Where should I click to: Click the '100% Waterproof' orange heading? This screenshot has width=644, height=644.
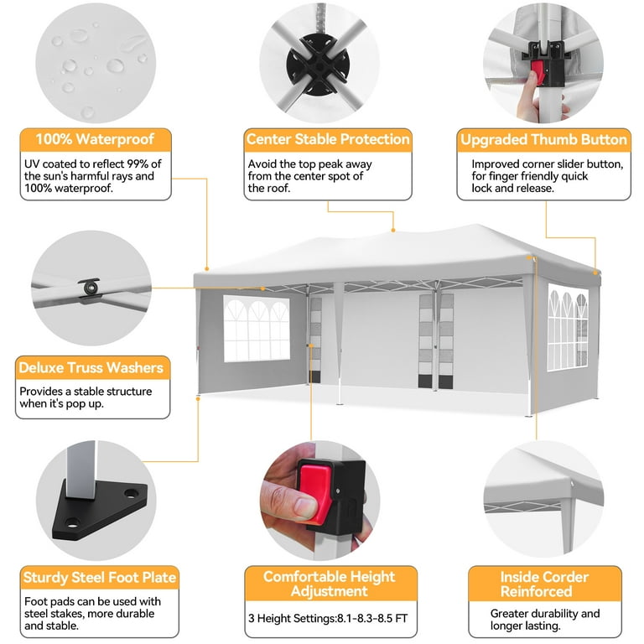point(95,139)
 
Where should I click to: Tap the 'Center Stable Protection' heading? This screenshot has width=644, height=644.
point(328,139)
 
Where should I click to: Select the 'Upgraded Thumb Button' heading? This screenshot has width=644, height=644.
point(543,140)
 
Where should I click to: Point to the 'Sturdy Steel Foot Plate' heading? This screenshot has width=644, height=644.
point(100,577)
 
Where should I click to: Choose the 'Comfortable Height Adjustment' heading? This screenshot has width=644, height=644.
point(329,584)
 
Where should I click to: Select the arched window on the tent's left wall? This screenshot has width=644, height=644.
point(257,328)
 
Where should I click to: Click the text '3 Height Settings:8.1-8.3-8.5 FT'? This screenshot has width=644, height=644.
point(328,619)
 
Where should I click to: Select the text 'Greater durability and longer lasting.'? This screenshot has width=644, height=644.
point(544,620)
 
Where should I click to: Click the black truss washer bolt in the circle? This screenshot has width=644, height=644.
point(88,287)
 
